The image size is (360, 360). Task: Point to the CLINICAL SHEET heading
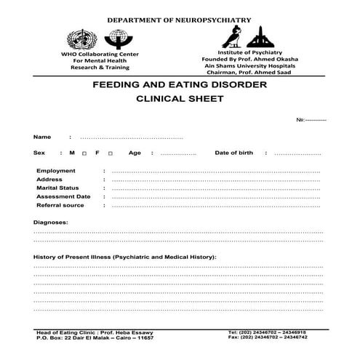tap(180, 100)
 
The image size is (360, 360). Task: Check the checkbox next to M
tap(85, 153)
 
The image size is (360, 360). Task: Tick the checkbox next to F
tap(109, 153)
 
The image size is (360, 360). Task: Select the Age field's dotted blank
tap(178, 153)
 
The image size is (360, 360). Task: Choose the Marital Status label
tap(57, 188)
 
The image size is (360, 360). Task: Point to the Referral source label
tap(60, 205)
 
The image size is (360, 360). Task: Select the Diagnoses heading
tap(51, 222)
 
